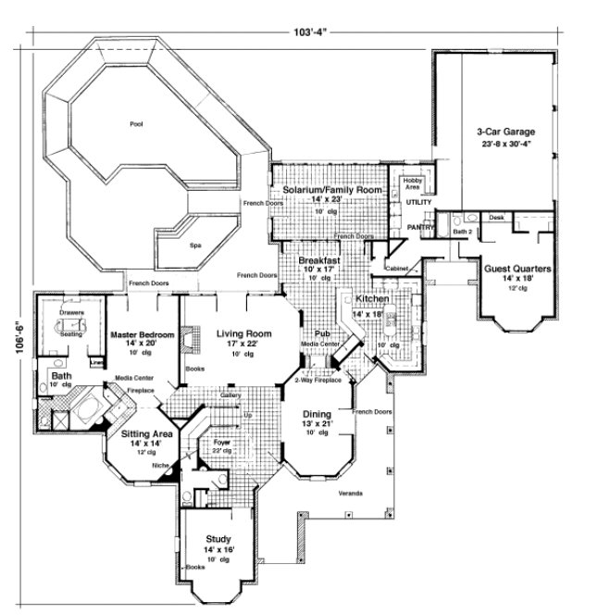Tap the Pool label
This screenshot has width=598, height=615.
tap(137, 122)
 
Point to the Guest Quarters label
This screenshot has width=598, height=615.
tap(517, 270)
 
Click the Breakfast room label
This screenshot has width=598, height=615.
tap(320, 262)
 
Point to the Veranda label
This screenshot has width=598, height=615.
tap(349, 492)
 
